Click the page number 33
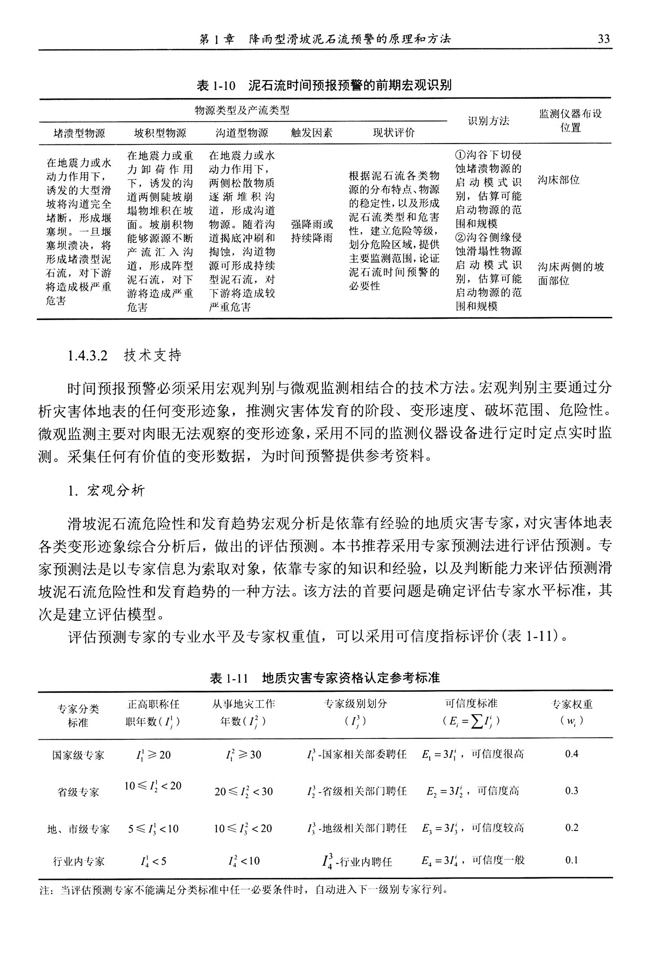pyautogui.click(x=603, y=39)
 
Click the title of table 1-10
pyautogui.click(x=324, y=85)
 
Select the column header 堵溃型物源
pyautogui.click(x=79, y=133)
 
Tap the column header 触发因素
pyautogui.click(x=312, y=133)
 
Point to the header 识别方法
pyautogui.click(x=488, y=121)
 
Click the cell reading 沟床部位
pyautogui.click(x=559, y=180)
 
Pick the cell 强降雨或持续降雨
pyautogui.click(x=312, y=231)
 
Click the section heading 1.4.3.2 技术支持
pyautogui.click(x=125, y=355)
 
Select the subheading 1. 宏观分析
pyautogui.click(x=106, y=490)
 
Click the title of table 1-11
pyautogui.click(x=324, y=678)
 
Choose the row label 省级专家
pyautogui.click(x=78, y=792)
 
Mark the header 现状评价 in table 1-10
pyautogui.click(x=393, y=133)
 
